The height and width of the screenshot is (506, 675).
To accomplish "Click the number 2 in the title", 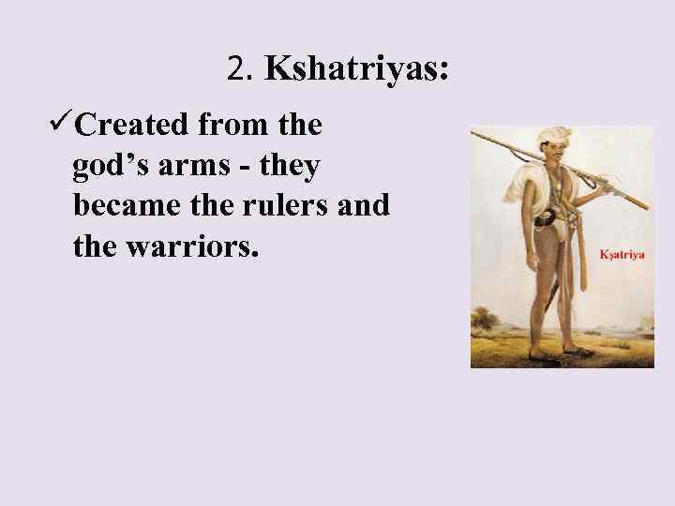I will [x=234, y=68].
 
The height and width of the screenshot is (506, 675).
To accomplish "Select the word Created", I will [x=131, y=125].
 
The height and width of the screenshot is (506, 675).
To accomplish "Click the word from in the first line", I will [x=232, y=125].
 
